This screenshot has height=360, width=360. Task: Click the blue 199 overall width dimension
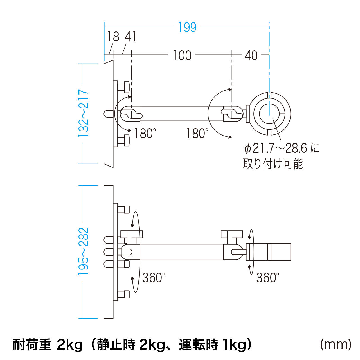click(187, 27)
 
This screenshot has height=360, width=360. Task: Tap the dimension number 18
click(113, 37)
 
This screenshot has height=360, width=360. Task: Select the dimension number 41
click(131, 37)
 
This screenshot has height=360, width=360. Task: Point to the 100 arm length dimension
click(182, 55)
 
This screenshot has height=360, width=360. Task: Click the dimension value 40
click(251, 55)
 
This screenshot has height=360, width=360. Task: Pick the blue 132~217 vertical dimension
click(84, 113)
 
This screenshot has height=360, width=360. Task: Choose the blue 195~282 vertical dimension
click(84, 251)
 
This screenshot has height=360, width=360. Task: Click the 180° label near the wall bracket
click(145, 134)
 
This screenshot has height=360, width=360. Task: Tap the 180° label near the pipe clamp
click(197, 134)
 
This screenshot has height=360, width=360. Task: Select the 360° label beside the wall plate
click(154, 278)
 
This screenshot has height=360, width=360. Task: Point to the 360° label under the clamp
click(268, 278)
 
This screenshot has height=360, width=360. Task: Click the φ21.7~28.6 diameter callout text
click(282, 148)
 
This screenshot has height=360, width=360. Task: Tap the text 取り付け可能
click(273, 164)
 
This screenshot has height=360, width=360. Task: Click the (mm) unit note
click(336, 344)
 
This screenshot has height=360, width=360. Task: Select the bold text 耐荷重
click(32, 345)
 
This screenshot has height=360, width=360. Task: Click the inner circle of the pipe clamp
click(269, 114)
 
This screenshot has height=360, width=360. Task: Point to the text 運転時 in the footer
click(199, 345)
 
